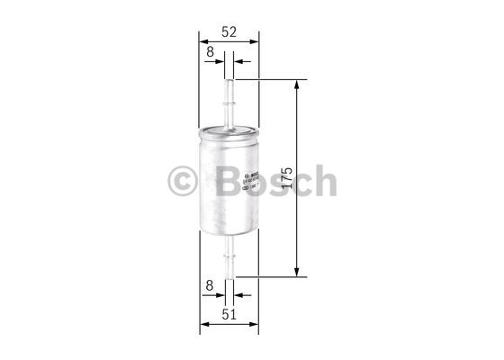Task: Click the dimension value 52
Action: click(229, 31)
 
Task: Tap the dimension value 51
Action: click(229, 314)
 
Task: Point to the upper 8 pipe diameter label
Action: click(210, 52)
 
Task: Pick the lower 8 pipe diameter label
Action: click(210, 285)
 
